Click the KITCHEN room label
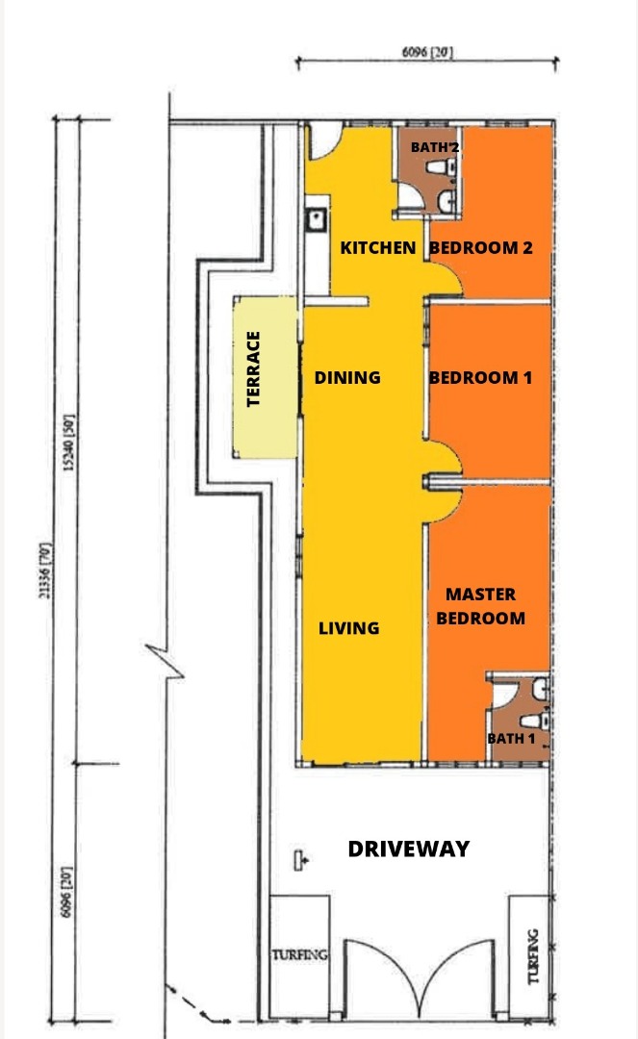tap(377, 248)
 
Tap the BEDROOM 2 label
tap(481, 248)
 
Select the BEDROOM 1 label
tap(480, 378)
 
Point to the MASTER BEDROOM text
tap(481, 606)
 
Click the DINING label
tap(347, 378)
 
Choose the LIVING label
tap(349, 628)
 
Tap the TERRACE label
tap(253, 369)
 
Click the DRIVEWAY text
tap(409, 849)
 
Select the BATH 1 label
tap(511, 738)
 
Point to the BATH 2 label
tap(435, 147)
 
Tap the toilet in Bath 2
tap(440, 167)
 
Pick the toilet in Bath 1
tap(534, 721)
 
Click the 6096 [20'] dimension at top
tap(427, 52)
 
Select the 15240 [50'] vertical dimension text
tap(69, 443)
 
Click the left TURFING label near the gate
tap(299, 955)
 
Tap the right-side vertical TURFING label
tap(532, 956)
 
